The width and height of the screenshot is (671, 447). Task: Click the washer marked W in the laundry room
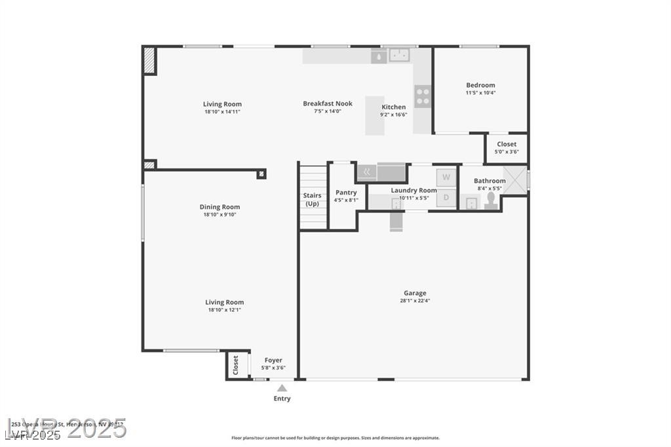coord(446,177)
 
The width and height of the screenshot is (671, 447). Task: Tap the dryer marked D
coord(446,197)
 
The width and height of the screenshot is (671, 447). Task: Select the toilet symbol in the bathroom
coord(491,201)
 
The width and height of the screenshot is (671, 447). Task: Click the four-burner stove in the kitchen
coord(423,97)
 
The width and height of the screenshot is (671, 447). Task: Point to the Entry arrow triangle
coord(282,388)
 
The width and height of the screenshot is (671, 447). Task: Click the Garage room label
coord(415,293)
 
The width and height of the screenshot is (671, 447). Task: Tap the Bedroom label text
coord(480,85)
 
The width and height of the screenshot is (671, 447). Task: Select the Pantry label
coord(346,192)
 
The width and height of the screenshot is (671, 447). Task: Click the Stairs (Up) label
coord(313,199)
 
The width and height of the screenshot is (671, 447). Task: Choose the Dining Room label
coord(220,207)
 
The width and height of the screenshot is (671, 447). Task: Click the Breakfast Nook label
coord(328,104)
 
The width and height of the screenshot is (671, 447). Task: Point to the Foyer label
coord(273,360)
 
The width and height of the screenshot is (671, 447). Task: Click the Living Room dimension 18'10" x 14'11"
coord(222,112)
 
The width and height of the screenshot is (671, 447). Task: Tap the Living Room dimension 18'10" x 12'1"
coord(225,310)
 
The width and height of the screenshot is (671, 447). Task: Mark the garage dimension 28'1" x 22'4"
coord(415,301)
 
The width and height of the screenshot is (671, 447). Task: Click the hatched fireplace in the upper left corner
coord(149,60)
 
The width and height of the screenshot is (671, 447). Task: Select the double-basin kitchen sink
coord(399,55)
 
